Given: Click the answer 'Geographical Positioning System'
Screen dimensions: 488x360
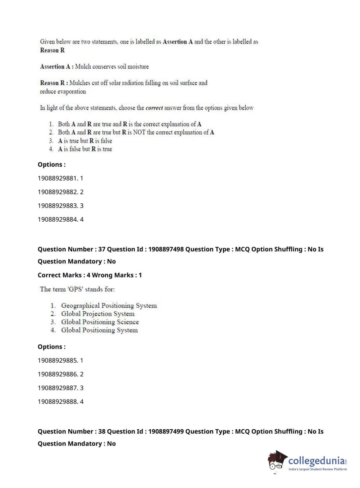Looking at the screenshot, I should point(109,306).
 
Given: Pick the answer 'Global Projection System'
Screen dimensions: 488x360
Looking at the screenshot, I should point(97,314).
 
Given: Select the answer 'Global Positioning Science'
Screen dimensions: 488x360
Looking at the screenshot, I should point(100,322).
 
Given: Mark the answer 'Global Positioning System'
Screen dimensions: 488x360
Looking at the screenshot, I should point(99,330).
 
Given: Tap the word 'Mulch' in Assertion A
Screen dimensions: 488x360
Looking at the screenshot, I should point(83,67).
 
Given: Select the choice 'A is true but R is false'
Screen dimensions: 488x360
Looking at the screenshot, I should point(85,141).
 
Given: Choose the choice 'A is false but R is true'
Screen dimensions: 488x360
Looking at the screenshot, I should point(85,149).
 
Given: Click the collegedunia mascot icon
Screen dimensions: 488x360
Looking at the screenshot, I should point(277,461).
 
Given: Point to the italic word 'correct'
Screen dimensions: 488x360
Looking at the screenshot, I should point(154,108).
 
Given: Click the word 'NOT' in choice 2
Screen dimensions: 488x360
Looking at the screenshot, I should point(139,132).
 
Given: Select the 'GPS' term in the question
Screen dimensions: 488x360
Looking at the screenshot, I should point(76,289).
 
